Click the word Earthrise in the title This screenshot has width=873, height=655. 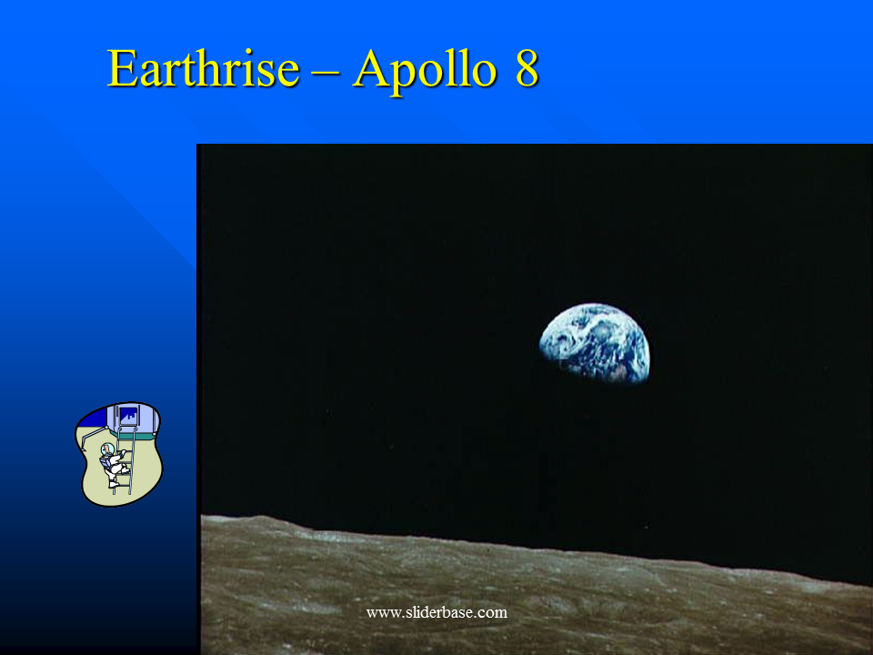[203, 68]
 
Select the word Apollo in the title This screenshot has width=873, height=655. [425, 71]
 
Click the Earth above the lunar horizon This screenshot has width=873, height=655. [595, 344]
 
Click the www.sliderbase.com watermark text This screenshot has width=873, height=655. [436, 612]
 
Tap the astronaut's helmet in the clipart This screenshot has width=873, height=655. [107, 448]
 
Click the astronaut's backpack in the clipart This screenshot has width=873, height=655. [105, 463]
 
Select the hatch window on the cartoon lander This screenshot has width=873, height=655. [128, 416]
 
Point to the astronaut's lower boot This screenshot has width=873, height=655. [114, 485]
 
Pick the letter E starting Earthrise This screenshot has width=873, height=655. [122, 68]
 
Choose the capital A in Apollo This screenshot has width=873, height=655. [371, 68]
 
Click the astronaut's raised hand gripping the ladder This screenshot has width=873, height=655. [124, 452]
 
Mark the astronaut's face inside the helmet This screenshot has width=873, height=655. [107, 448]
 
